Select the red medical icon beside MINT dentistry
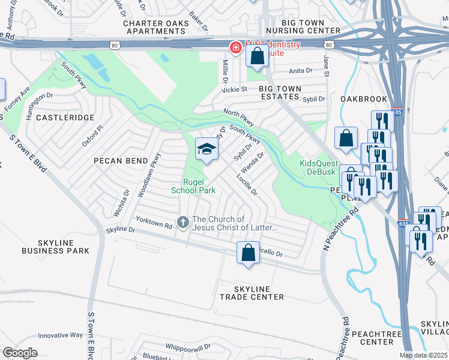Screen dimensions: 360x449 point(237,47)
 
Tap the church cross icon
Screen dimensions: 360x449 point(184,222)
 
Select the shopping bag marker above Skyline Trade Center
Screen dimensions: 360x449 point(248,253)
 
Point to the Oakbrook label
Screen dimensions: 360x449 point(361,98)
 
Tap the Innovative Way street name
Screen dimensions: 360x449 point(60,335)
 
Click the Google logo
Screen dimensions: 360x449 point(20,353)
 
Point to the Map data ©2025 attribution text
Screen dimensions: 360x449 point(424,355)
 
